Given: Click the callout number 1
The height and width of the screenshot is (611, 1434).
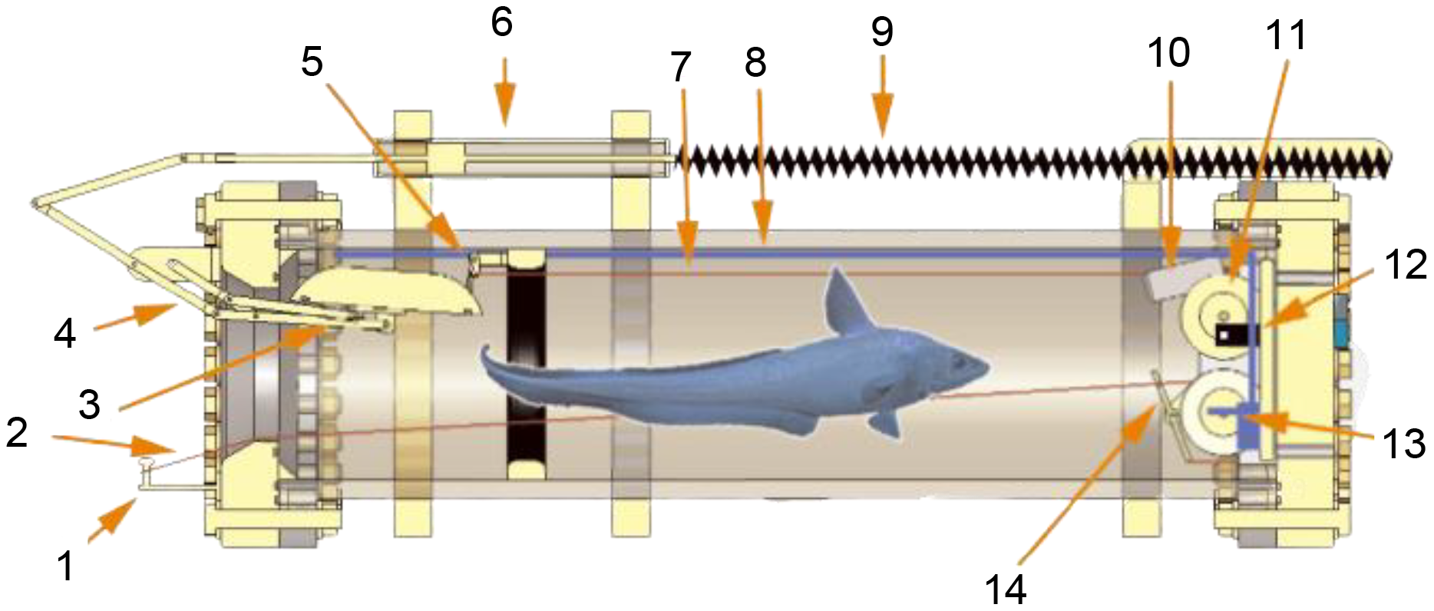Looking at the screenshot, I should (x=65, y=566).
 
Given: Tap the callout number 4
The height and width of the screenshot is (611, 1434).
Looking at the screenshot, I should (x=64, y=334).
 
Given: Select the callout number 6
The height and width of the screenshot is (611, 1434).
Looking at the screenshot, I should (x=501, y=22).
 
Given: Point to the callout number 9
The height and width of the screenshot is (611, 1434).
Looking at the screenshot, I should (x=882, y=31).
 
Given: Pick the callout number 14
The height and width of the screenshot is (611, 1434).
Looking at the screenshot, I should (x=1005, y=590).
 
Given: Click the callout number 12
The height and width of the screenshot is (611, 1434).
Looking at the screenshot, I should (x=1406, y=265).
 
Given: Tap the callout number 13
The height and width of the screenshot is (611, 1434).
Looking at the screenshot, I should (x=1404, y=443).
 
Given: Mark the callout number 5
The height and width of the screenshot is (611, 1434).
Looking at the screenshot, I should (x=312, y=61).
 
